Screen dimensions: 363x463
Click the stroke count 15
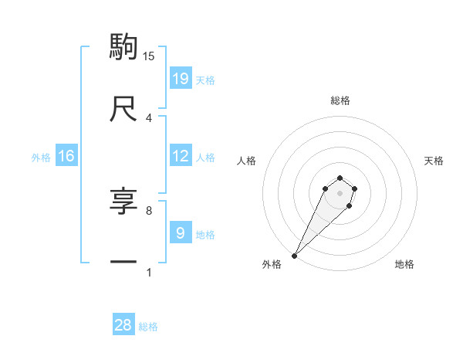coord(149,56)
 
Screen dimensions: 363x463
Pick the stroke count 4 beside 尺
coord(149,117)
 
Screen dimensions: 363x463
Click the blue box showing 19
coord(181,78)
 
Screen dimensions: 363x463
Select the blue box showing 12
coord(181,156)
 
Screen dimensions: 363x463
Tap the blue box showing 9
coord(181,233)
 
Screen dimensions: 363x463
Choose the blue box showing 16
coord(66,156)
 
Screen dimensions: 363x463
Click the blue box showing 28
coord(123,325)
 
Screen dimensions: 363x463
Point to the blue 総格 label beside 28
coord(149,327)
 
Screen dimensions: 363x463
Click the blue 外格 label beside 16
coord(41,157)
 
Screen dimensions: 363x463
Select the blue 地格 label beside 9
coord(205,234)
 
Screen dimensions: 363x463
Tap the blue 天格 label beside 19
coord(205,80)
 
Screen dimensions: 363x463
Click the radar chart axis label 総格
coord(340,100)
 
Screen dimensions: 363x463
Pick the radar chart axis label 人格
coord(247,161)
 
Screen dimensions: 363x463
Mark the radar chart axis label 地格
coord(404,265)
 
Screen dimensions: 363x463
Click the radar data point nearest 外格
coord(295,255)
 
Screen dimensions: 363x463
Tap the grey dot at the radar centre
coord(340,193)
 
